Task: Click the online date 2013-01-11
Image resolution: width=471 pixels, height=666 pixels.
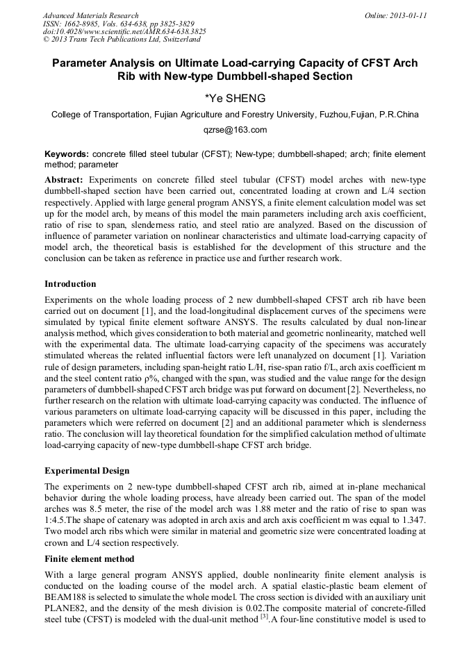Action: [405, 15]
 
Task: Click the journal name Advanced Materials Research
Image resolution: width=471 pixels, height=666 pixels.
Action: [90, 15]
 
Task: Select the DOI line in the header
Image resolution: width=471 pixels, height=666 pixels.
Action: [124, 31]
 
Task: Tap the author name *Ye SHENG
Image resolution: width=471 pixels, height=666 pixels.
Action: [235, 98]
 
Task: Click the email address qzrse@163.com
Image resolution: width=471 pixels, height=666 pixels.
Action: [235, 130]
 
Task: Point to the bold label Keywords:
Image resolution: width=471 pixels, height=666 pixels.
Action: [67, 153]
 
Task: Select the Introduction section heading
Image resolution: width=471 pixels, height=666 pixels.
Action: [70, 284]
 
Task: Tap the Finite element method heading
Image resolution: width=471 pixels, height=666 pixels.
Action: [89, 558]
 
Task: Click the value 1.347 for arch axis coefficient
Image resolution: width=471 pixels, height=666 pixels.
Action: [411, 519]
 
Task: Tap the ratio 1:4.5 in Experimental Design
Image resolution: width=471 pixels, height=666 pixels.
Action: [58, 519]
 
